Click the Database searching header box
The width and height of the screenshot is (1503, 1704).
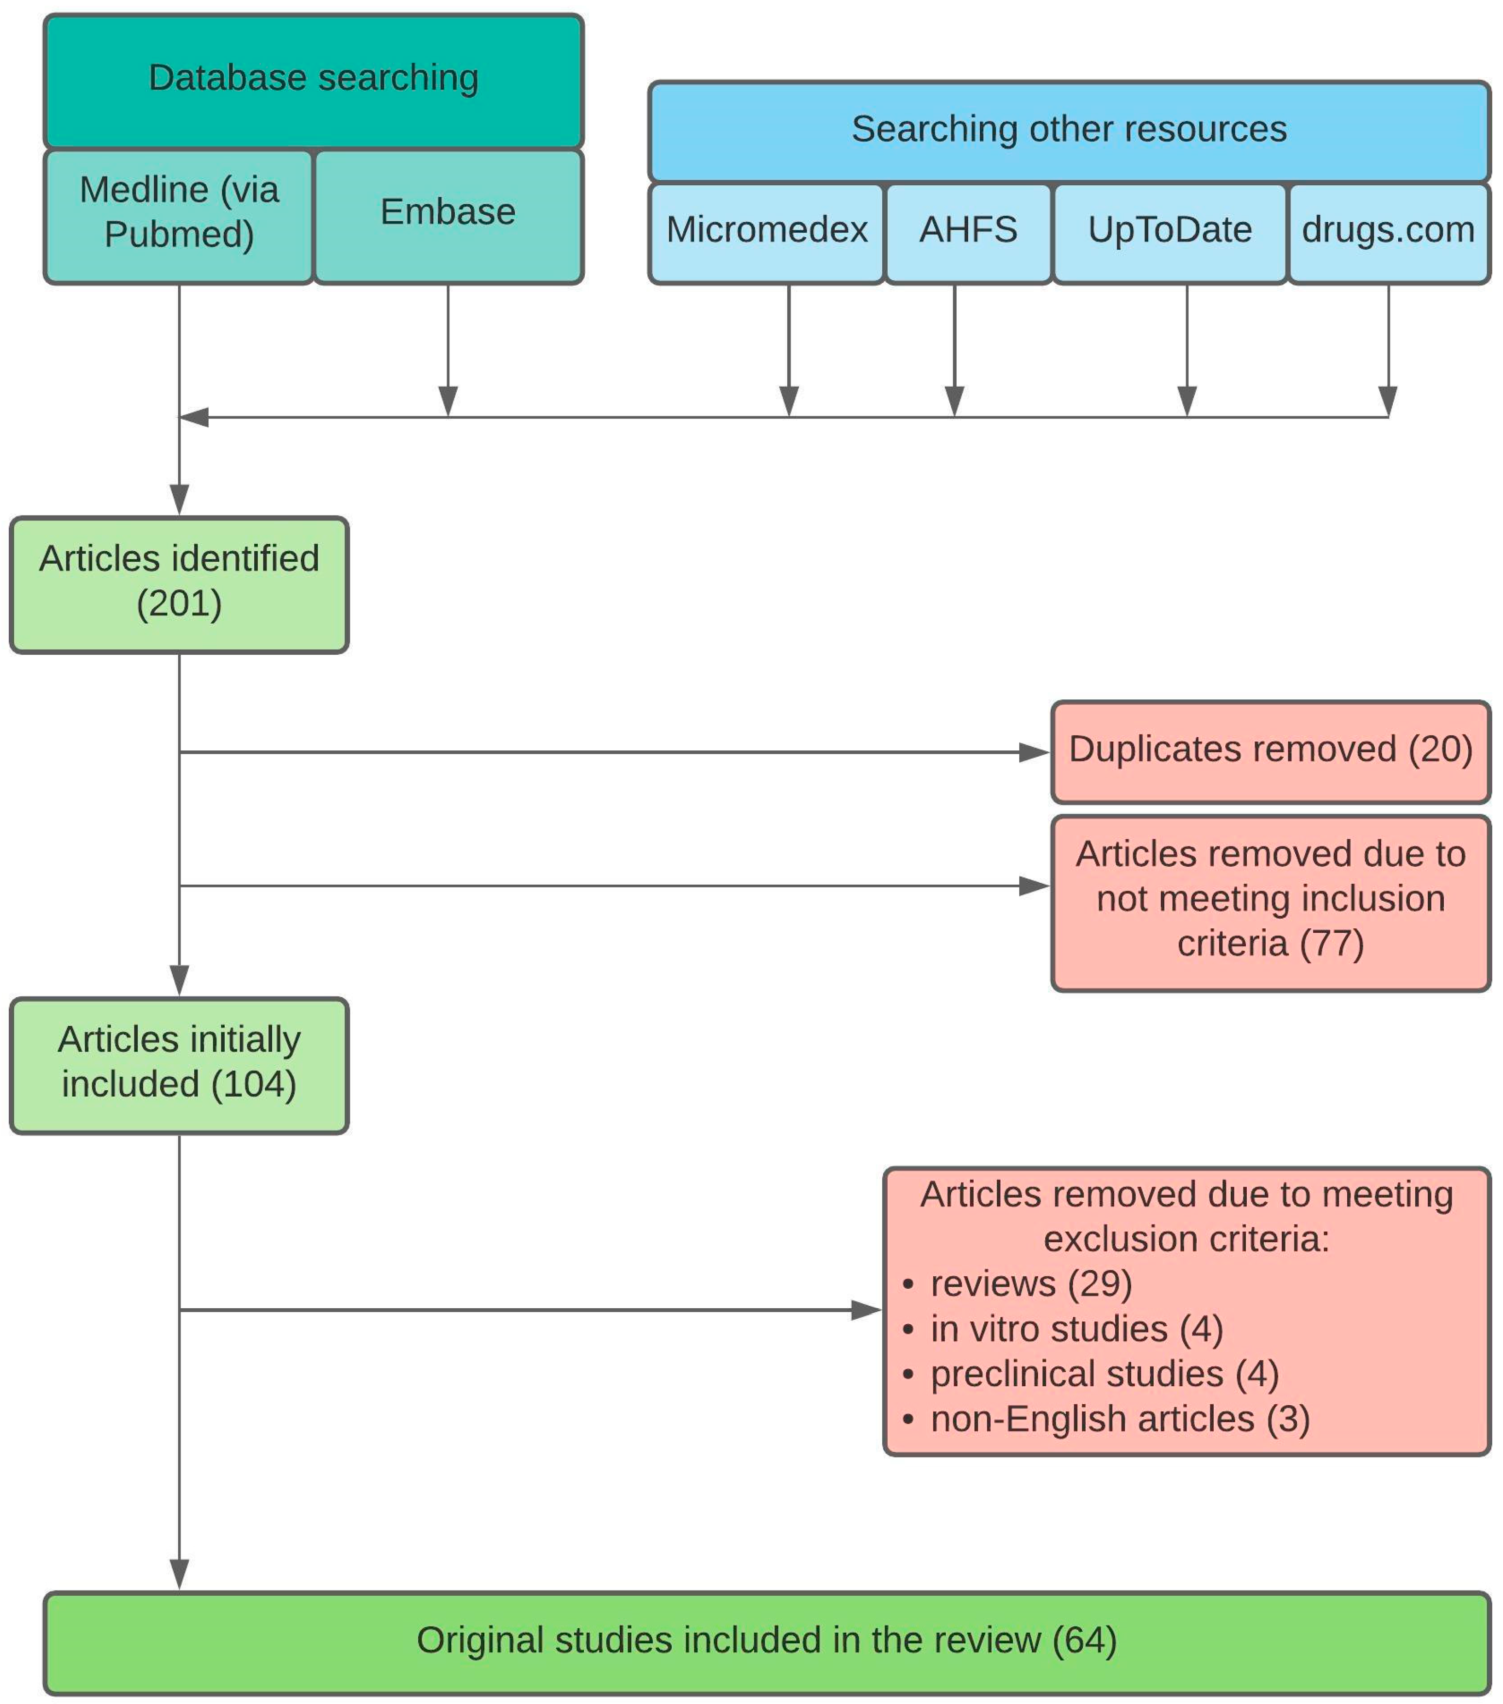(314, 81)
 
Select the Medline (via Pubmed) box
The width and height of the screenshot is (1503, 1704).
(179, 217)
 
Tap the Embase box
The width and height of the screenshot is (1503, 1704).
(449, 217)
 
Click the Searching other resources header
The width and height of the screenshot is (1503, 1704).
(1069, 131)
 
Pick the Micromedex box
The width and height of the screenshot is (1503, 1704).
(766, 233)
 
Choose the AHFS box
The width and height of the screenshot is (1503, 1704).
(968, 233)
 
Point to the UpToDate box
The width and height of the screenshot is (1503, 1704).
(1170, 233)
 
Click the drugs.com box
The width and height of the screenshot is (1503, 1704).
(1389, 233)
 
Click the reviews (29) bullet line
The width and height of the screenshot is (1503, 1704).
(1018, 1284)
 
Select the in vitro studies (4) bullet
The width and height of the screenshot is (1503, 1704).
(1063, 1330)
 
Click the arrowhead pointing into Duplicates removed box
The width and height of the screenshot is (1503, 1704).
(1034, 753)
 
